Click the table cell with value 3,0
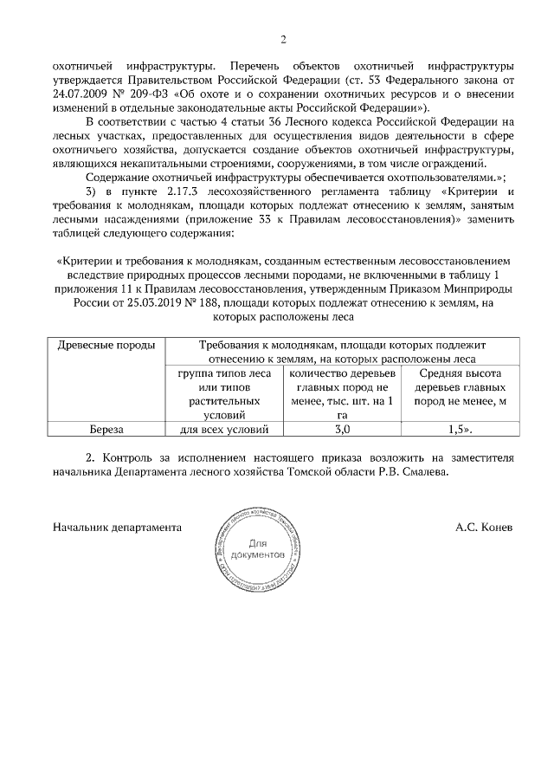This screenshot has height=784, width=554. pos(341,428)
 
